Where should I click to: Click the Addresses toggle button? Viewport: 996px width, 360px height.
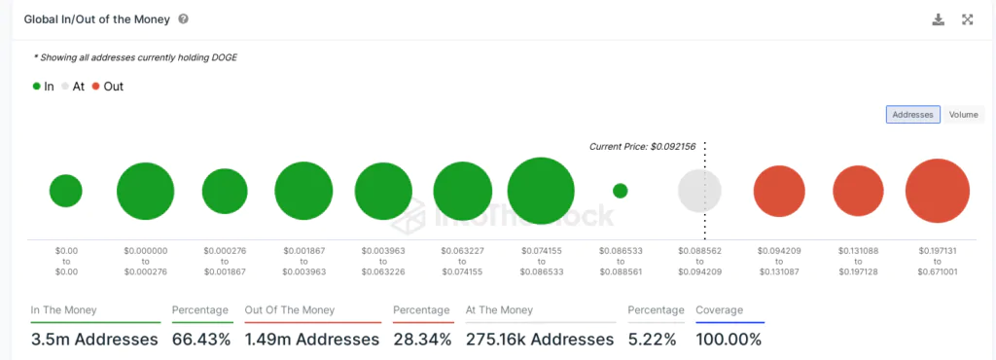[x=912, y=115]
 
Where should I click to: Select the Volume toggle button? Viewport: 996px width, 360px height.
[x=963, y=115]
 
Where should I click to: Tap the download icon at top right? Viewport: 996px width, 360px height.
[x=939, y=19]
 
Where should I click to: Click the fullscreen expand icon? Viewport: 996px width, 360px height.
[x=968, y=19]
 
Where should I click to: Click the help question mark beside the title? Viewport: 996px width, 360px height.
[x=184, y=19]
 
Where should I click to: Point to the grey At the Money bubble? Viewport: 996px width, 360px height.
[x=699, y=191]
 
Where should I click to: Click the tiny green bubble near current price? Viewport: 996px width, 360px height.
[x=621, y=191]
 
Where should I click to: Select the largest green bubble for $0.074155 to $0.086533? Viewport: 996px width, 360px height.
[x=541, y=191]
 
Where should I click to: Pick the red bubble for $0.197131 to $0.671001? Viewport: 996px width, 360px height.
[x=938, y=191]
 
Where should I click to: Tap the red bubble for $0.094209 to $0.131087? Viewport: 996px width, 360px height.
[x=779, y=191]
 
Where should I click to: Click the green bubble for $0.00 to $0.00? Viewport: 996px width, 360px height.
[x=66, y=191]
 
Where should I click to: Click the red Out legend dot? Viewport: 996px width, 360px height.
[x=96, y=87]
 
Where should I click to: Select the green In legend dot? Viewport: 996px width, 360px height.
[x=37, y=87]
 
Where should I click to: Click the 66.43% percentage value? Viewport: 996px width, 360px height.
[x=201, y=340]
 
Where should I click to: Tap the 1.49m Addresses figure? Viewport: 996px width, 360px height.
[x=312, y=340]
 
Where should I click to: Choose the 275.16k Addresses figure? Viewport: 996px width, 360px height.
[x=540, y=340]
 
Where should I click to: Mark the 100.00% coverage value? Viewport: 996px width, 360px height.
[x=729, y=340]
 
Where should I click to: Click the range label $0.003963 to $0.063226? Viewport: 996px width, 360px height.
[x=383, y=260]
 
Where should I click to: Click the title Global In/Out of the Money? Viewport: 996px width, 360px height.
[x=92, y=19]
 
